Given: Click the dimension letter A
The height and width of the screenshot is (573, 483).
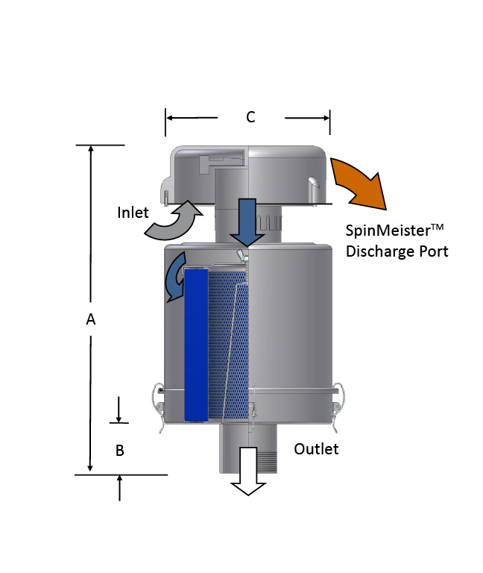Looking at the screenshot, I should click(x=91, y=319).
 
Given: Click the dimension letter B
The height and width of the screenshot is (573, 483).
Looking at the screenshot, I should click(x=119, y=451).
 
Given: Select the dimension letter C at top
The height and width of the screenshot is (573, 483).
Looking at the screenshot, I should click(x=250, y=117).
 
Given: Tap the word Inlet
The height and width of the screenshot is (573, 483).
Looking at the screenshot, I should click(x=132, y=212).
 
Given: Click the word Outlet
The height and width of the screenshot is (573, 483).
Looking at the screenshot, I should click(x=316, y=448).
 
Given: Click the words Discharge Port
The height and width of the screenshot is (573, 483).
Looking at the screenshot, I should click(x=397, y=251).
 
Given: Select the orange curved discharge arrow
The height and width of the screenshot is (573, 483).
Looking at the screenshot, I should click(x=362, y=181).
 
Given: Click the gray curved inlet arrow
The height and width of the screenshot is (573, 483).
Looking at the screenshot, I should click(x=174, y=220).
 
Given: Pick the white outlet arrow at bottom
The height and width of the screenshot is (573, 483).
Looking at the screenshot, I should click(x=248, y=481).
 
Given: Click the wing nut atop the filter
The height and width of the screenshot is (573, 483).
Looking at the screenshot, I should click(x=241, y=256).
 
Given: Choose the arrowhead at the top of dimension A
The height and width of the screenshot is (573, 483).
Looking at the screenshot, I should click(x=91, y=148).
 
